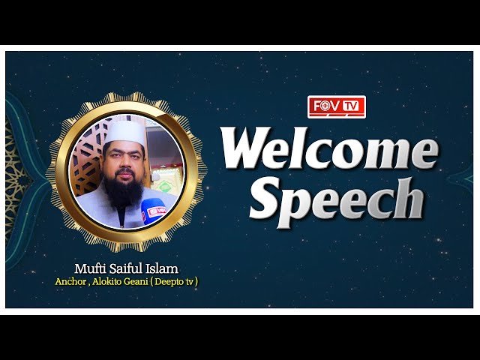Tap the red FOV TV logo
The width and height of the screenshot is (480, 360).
point(337,106)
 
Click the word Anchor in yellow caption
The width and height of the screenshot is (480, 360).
point(70,282)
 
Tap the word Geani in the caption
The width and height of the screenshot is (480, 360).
point(136,282)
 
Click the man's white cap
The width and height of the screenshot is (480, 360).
point(125,133)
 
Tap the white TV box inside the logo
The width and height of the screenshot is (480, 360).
point(351,106)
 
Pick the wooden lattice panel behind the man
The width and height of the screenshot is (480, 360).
point(87,159)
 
